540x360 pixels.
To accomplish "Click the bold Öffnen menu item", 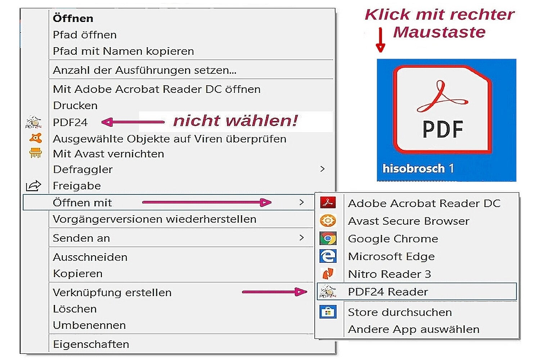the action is click(x=73, y=19).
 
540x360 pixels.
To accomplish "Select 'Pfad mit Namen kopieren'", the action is click(x=123, y=51).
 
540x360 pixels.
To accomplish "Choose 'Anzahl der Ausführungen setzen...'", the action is click(x=145, y=70).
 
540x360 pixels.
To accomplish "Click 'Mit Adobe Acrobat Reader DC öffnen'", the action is click(x=157, y=89).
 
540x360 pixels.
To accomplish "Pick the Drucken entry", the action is click(x=75, y=105).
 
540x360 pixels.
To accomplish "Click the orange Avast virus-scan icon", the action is click(x=36, y=138).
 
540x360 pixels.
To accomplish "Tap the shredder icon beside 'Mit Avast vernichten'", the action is click(x=36, y=153).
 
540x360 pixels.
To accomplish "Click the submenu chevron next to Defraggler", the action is click(x=323, y=169).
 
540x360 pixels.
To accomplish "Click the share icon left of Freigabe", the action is click(x=33, y=186).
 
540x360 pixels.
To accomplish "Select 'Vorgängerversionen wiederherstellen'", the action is click(x=154, y=219).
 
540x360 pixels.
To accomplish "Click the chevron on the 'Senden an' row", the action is click(x=301, y=238).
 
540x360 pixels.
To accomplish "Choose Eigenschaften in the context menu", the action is click(x=91, y=344).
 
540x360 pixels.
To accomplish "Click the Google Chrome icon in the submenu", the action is click(x=328, y=238).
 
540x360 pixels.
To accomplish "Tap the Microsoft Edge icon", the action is click(x=328, y=256).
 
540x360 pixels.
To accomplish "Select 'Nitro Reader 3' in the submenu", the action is click(x=390, y=274).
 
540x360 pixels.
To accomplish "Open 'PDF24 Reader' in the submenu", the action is click(x=388, y=292).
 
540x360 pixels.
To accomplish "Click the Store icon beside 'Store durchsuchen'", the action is click(x=328, y=312).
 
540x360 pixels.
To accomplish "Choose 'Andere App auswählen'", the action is click(x=414, y=329).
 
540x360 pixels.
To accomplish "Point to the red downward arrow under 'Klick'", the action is click(x=381, y=40).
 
